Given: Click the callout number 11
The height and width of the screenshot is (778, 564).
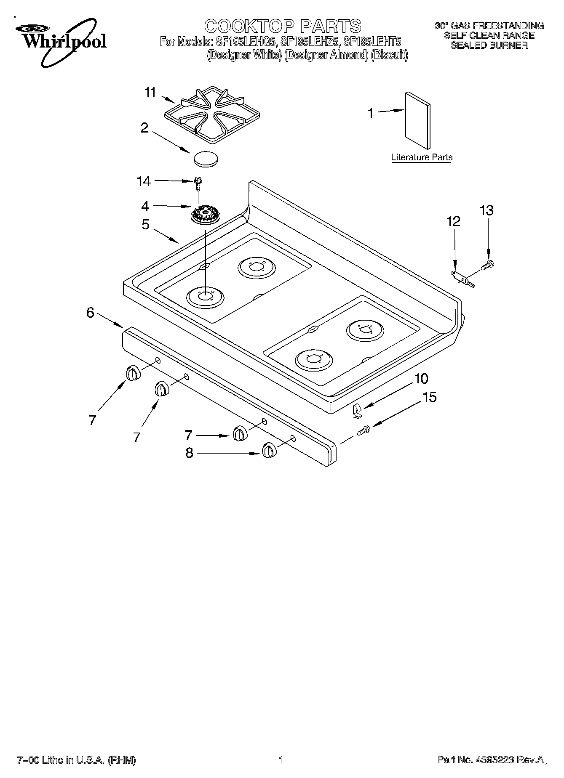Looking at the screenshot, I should [x=150, y=93].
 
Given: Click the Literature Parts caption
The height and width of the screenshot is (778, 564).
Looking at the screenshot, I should [x=422, y=157].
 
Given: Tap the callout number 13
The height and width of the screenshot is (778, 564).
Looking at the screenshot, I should [x=486, y=210].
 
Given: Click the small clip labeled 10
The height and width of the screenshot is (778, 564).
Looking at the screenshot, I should [x=357, y=410].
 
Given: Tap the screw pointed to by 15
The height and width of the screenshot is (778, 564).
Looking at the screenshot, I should [x=364, y=430].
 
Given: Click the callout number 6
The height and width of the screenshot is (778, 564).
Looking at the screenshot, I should [x=90, y=313].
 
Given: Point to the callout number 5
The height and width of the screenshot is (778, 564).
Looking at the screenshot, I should [x=145, y=225].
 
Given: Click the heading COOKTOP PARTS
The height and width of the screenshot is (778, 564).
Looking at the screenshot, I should [x=283, y=26].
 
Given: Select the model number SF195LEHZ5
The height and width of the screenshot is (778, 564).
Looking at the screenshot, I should [x=309, y=42].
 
